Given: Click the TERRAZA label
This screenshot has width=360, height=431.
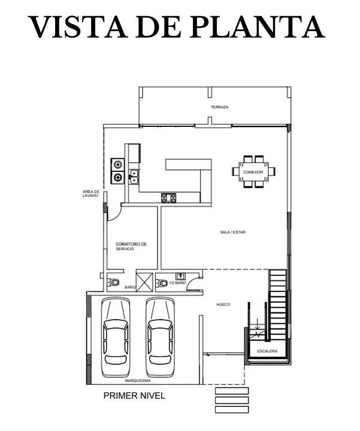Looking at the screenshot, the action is (219, 107).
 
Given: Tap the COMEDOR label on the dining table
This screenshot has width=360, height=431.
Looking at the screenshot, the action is (253, 172).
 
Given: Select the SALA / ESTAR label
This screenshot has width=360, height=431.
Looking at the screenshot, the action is (232, 232).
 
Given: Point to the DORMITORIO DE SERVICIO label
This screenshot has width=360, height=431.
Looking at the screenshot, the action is (131, 246).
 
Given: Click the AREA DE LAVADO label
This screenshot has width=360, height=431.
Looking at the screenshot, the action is (91, 193).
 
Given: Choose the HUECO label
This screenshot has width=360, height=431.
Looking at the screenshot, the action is (223, 305).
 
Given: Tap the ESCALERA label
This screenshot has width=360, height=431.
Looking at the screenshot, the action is (267, 351).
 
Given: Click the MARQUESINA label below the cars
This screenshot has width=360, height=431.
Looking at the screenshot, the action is (138, 381).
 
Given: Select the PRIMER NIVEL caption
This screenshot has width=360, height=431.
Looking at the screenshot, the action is (134, 396).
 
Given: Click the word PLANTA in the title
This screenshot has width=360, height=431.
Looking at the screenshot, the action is (257, 26).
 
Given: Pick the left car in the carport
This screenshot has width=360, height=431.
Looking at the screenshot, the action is (116, 338).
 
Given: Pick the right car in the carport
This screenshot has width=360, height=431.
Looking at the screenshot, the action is (160, 338).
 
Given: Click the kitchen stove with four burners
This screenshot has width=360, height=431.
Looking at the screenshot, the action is (168, 198).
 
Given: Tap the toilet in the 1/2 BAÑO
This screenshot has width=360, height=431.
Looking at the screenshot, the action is (162, 283).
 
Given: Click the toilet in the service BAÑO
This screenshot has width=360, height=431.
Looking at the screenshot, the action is (113, 283).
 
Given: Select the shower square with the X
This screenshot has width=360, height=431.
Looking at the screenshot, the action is (145, 282).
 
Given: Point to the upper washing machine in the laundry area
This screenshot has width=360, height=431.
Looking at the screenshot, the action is (118, 165).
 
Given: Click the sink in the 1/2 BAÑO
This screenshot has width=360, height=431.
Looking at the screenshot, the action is (180, 276).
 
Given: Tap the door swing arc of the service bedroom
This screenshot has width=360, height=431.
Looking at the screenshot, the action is (117, 215).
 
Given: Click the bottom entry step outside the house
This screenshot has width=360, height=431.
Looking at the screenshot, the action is (232, 409).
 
